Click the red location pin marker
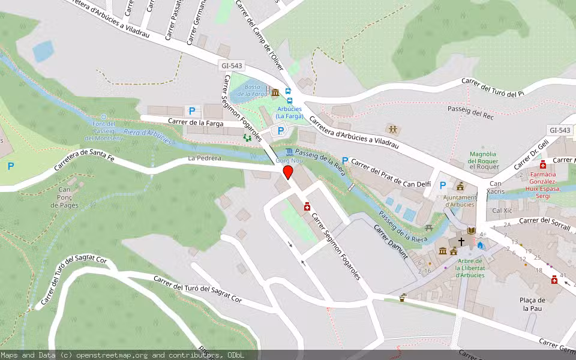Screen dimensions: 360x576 pyautogui.click(x=287, y=173)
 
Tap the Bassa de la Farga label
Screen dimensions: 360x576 pyautogui.click(x=252, y=91)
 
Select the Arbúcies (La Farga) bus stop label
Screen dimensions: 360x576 pyautogui.click(x=290, y=113)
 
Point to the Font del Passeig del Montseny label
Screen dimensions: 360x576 pyautogui.click(x=103, y=131)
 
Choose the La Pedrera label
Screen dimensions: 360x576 pyautogui.click(x=205, y=158)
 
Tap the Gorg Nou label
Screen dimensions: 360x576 pyautogui.click(x=287, y=161)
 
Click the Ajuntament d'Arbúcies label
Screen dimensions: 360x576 pyautogui.click(x=460, y=200)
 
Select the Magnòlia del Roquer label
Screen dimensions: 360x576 pyautogui.click(x=484, y=161)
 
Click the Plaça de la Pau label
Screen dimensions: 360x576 pyautogui.click(x=533, y=304)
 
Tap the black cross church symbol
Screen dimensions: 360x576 pyautogui.click(x=461, y=241)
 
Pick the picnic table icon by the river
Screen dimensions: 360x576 pyautogui.click(x=428, y=228)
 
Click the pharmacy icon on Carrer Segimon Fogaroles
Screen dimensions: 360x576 pyautogui.click(x=307, y=206)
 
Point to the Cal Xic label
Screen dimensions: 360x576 pyautogui.click(x=502, y=211)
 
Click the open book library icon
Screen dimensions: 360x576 pyautogui.click(x=472, y=230)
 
